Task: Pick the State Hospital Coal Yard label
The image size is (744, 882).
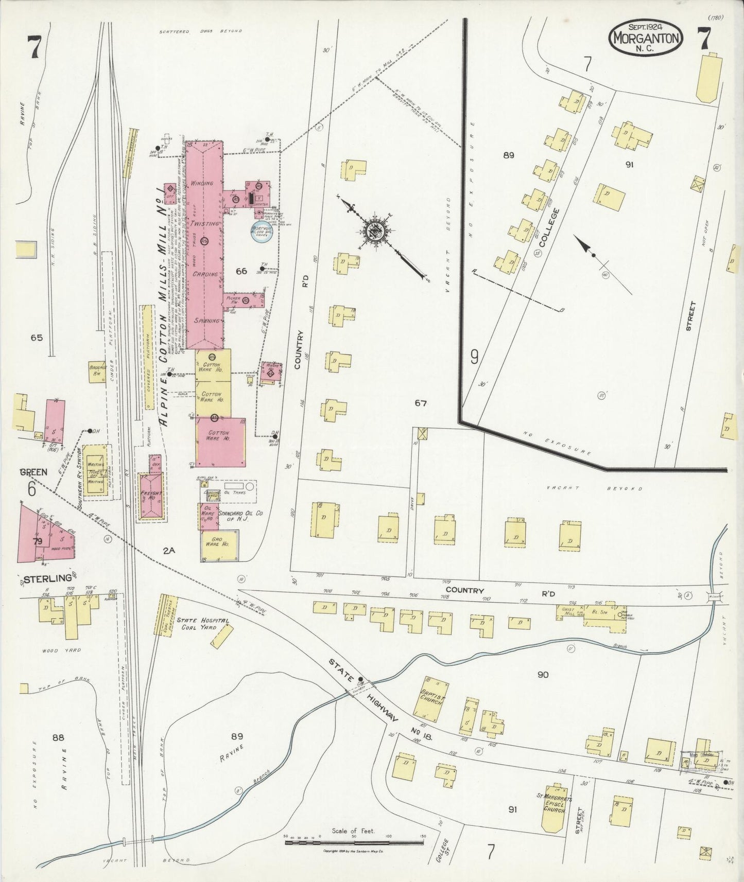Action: click(x=202, y=624)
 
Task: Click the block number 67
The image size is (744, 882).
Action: click(x=421, y=403)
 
